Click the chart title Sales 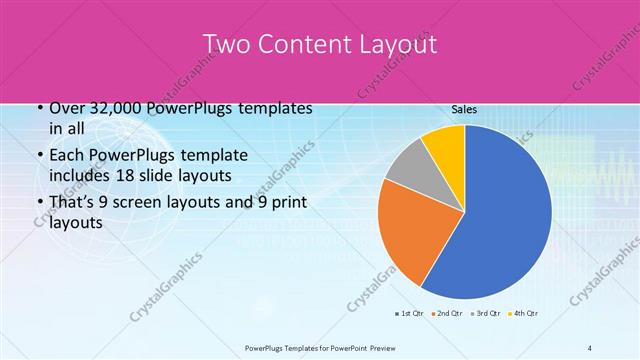tap(464, 110)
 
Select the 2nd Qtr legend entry tap(446, 314)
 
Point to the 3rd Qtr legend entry tap(486, 314)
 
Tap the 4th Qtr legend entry tap(525, 314)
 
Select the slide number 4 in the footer tap(590, 347)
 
